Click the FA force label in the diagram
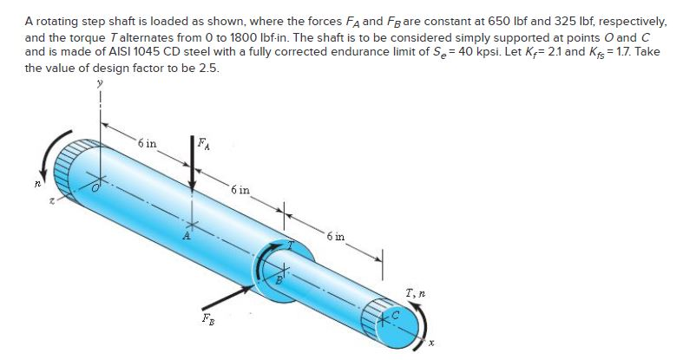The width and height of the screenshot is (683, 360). pyautogui.click(x=203, y=142)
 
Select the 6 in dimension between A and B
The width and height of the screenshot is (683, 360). pyautogui.click(x=240, y=188)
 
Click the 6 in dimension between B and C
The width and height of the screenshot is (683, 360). pyautogui.click(x=338, y=235)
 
